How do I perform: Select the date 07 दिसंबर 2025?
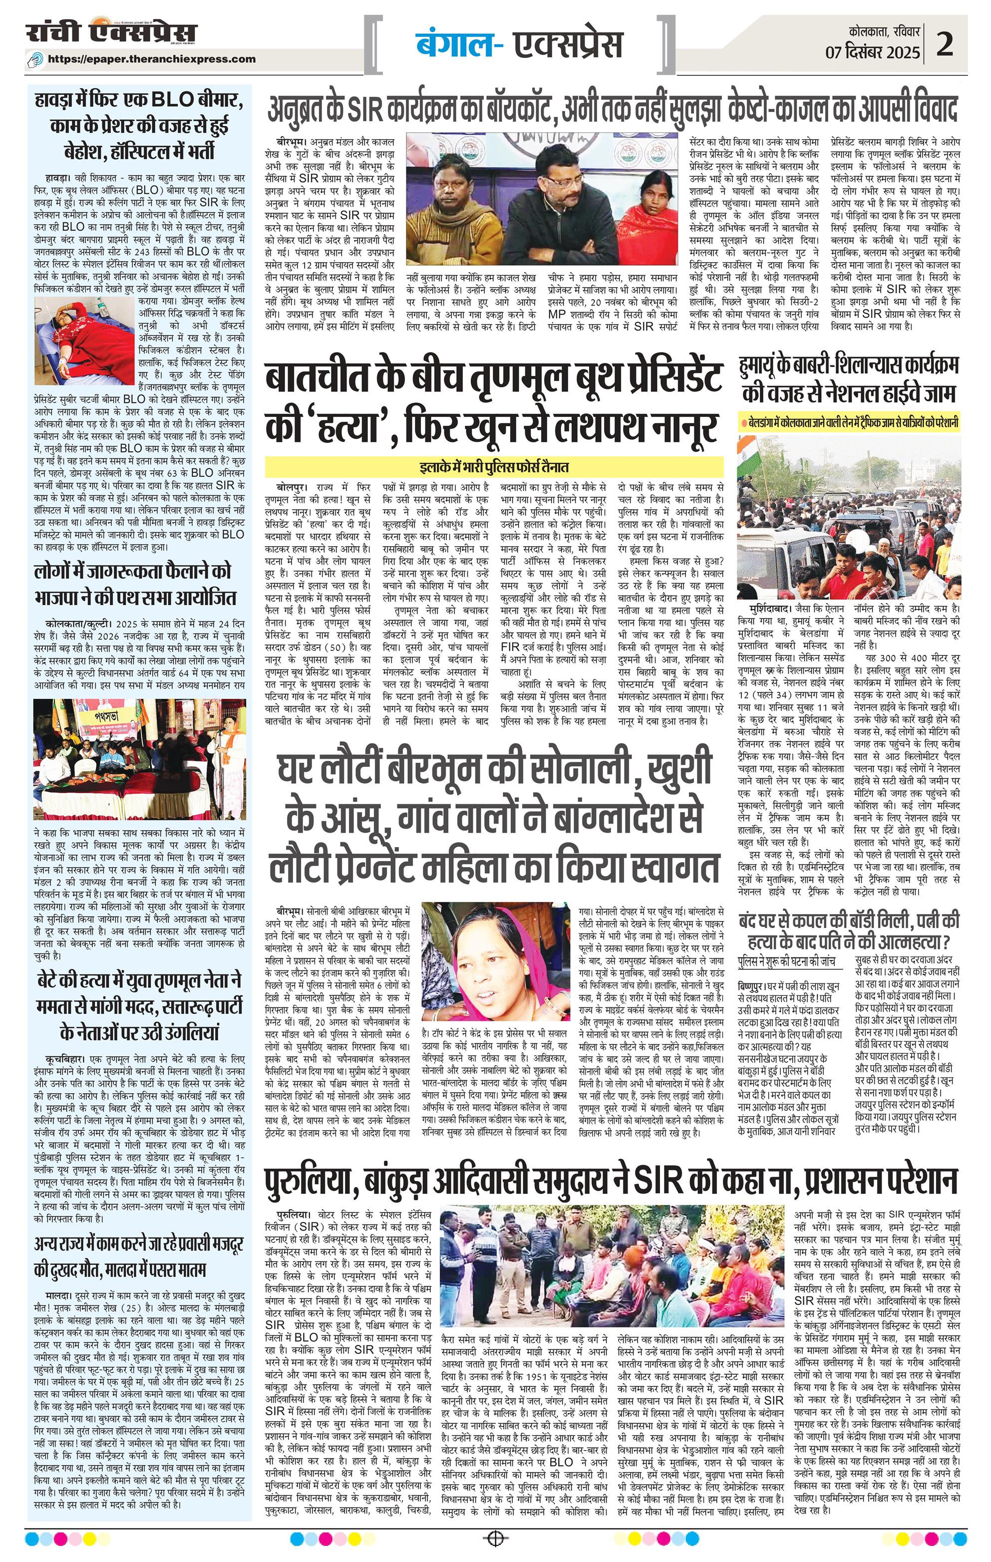tap(872, 52)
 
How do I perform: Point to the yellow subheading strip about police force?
tap(494, 466)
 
